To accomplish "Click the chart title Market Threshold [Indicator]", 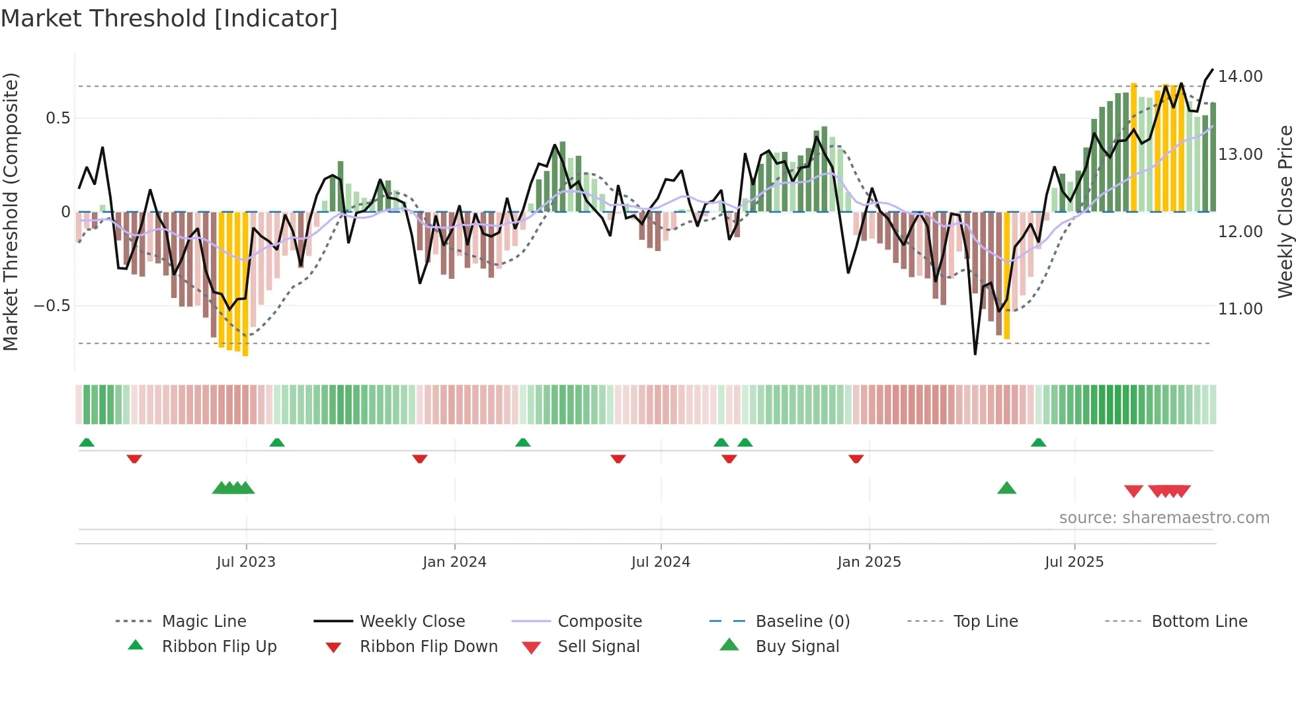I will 169,18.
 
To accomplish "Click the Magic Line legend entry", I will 204,622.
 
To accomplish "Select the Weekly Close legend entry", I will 412,622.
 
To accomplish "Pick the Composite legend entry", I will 599,622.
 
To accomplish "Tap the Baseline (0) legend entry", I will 802,622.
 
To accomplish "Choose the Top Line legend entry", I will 985,622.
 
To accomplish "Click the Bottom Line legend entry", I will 1199,622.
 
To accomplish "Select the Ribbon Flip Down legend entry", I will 428,647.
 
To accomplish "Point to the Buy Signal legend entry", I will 797,647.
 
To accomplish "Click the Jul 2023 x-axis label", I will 246,562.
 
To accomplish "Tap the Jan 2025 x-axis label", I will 869,562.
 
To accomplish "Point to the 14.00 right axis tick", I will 1240,77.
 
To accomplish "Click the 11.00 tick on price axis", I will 1240,309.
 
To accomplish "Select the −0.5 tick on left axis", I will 52,306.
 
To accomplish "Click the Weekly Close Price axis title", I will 1285,211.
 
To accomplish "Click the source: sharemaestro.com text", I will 1164,518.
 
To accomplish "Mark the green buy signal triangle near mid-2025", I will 1006,488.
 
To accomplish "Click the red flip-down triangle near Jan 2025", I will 856,458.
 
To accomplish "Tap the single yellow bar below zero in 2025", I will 1007,277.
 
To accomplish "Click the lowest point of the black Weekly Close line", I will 975,354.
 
